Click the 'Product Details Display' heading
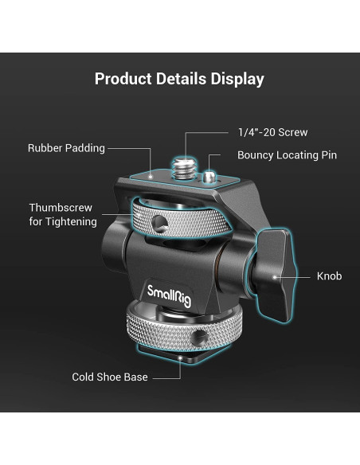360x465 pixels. [x=179, y=79]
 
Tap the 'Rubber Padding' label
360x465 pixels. [x=66, y=148]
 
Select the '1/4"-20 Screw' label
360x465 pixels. [x=273, y=132]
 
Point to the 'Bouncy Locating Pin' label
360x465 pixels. [x=287, y=155]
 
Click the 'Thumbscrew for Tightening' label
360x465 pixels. [x=63, y=215]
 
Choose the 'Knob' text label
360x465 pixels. [x=329, y=276]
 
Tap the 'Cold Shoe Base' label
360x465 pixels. [x=110, y=377]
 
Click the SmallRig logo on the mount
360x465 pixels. [x=170, y=295]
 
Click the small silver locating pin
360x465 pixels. [x=209, y=178]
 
